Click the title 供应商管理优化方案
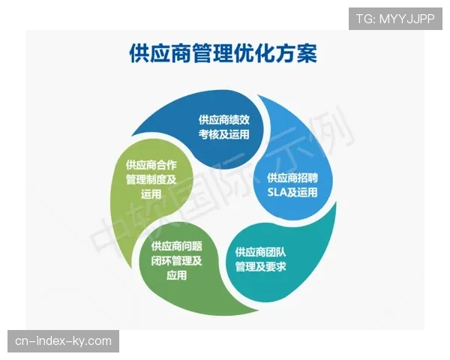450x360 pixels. (223, 55)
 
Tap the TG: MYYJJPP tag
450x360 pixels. (395, 19)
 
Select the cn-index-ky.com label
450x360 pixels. (63, 341)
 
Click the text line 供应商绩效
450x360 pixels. (224, 119)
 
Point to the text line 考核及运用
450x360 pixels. (224, 135)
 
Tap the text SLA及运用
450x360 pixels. (292, 193)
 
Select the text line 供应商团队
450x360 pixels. (261, 251)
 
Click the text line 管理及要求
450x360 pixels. (261, 267)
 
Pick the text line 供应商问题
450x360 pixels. (177, 246)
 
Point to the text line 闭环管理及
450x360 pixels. (177, 261)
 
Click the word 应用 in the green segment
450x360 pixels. (177, 276)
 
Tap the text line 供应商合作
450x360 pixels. (151, 164)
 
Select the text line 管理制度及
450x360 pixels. (151, 179)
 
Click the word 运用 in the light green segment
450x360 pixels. (151, 194)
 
